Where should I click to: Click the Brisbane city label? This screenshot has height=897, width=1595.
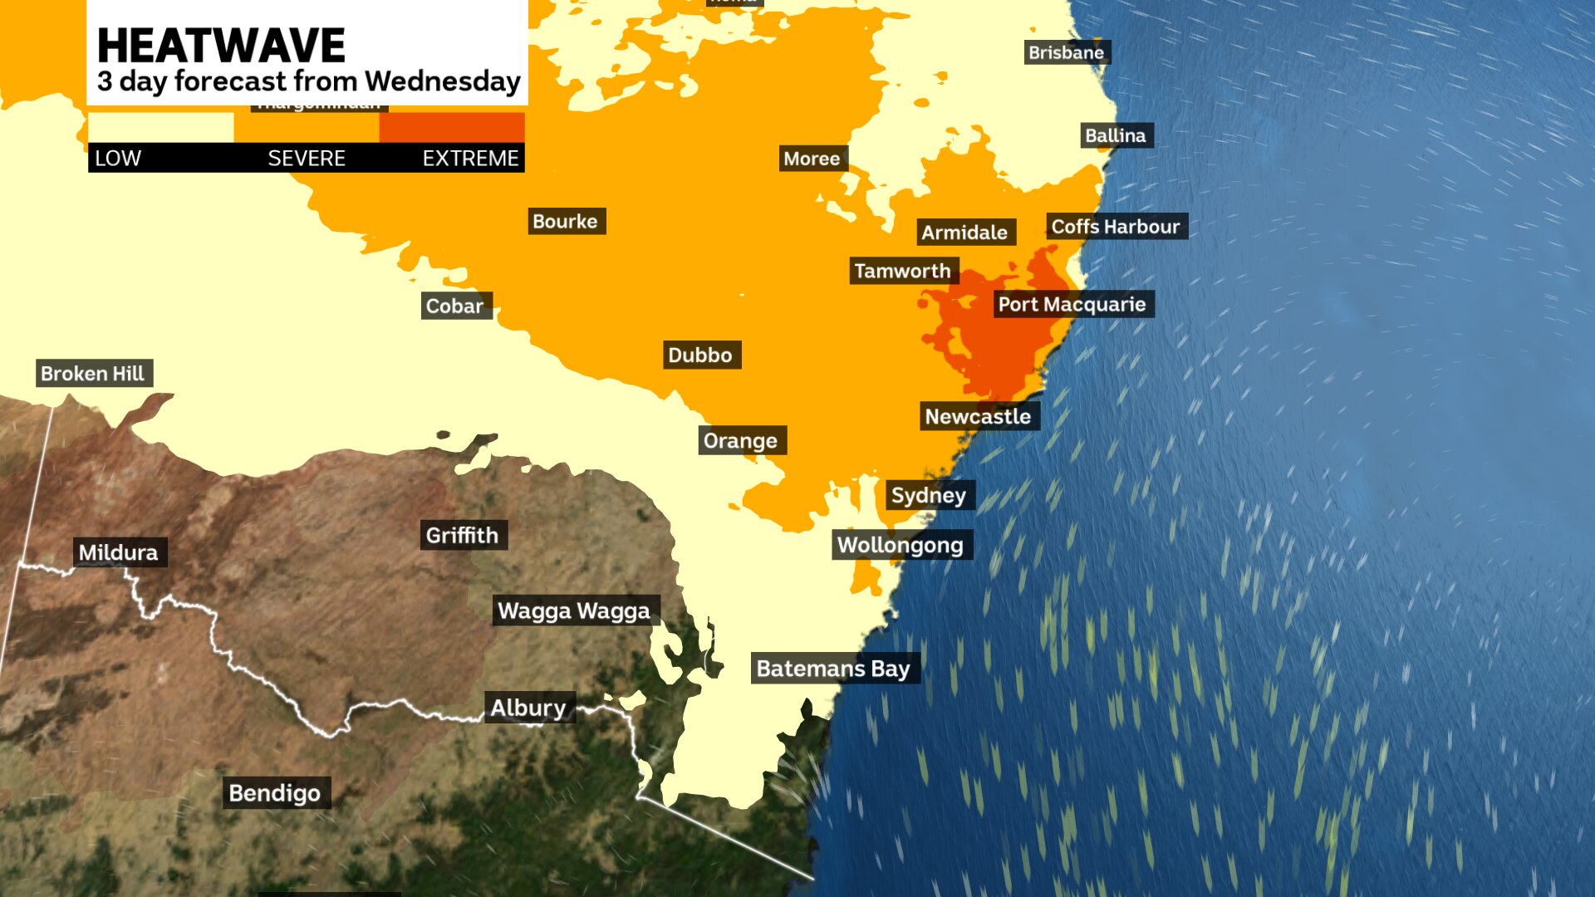point(1067,52)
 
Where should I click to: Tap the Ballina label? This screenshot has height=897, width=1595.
point(1116,135)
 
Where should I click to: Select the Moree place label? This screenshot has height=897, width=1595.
point(812,159)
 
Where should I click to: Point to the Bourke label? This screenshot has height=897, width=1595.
point(565,221)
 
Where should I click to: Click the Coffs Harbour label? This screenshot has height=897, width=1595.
point(1116,226)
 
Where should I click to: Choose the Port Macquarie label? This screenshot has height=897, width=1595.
point(1072,304)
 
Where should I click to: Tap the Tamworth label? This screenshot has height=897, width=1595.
point(903,271)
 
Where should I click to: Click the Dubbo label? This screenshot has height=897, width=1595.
point(700,355)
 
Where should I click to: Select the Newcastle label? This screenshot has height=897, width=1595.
point(978,416)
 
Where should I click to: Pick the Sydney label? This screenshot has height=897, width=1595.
point(929,495)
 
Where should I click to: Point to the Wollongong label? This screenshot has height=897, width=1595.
point(901,545)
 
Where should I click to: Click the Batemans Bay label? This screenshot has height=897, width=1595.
point(834,668)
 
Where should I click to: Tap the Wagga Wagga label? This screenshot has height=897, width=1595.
point(574,610)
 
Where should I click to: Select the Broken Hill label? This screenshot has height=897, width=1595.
point(93,373)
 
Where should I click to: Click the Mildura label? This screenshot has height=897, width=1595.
point(119,551)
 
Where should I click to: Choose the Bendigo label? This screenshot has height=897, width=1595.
point(275,792)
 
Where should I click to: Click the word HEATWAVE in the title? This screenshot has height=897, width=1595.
point(221,45)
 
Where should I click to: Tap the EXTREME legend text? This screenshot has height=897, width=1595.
point(470,158)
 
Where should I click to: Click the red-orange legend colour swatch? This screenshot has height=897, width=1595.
point(452,127)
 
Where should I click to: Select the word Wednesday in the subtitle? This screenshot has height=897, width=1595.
point(442,81)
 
